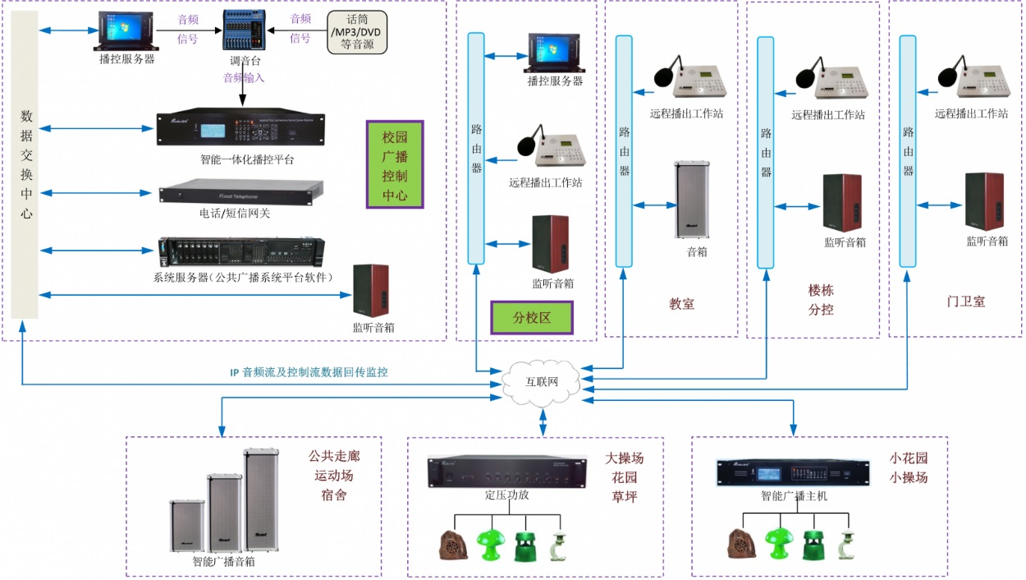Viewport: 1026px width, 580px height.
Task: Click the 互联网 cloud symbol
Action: coord(542,383)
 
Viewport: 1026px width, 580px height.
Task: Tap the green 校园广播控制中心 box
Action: coord(395,165)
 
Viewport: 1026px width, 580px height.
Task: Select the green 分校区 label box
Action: coord(531,317)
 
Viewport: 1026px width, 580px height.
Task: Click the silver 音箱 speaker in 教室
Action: coord(690,200)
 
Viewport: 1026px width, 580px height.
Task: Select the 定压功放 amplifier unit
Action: coord(506,472)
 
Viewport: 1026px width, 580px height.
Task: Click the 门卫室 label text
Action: coord(965,302)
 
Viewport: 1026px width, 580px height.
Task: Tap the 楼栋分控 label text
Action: coord(821,300)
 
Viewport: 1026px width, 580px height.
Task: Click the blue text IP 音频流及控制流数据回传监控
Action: coord(309,372)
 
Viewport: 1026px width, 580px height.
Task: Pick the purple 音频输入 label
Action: coord(244,79)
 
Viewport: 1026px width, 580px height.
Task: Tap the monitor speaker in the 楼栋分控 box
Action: coord(843,203)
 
